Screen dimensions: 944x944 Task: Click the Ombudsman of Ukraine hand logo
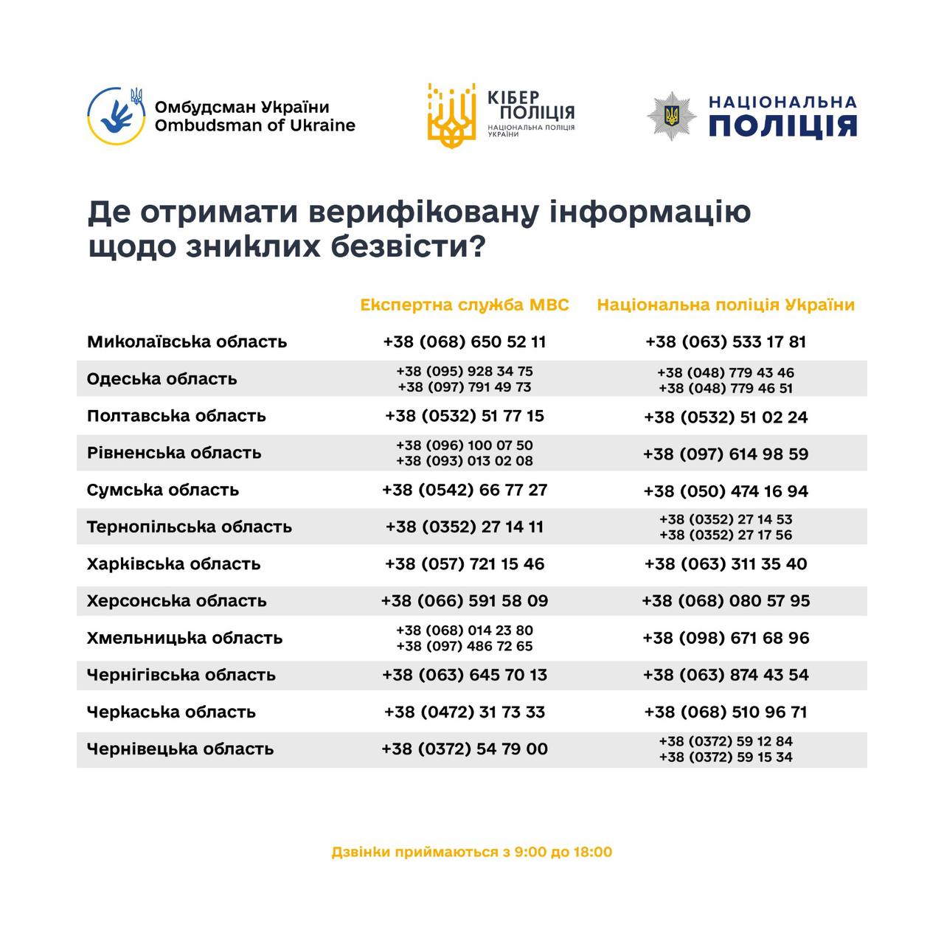(116, 116)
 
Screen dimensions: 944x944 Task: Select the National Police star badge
(671, 116)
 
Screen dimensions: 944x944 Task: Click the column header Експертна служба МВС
(465, 305)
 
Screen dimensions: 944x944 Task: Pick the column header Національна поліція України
(726, 305)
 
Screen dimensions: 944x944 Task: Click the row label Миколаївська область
(187, 342)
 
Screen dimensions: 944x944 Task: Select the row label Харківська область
(173, 564)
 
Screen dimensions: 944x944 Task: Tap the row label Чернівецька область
(180, 749)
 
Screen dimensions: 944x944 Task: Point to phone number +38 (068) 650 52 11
(465, 342)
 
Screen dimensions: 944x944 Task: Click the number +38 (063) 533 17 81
(726, 342)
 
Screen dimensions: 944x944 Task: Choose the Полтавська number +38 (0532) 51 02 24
(726, 417)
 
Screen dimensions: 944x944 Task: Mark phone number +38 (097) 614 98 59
(726, 454)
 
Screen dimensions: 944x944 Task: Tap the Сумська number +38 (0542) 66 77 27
(465, 490)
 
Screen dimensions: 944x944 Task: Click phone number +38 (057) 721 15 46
(465, 564)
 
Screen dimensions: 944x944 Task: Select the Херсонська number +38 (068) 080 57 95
(726, 601)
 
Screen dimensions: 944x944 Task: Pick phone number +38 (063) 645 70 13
(465, 675)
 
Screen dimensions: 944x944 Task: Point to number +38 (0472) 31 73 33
(465, 712)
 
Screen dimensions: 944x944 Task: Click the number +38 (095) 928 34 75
(465, 372)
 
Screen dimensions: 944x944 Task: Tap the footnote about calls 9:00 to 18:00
(472, 853)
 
